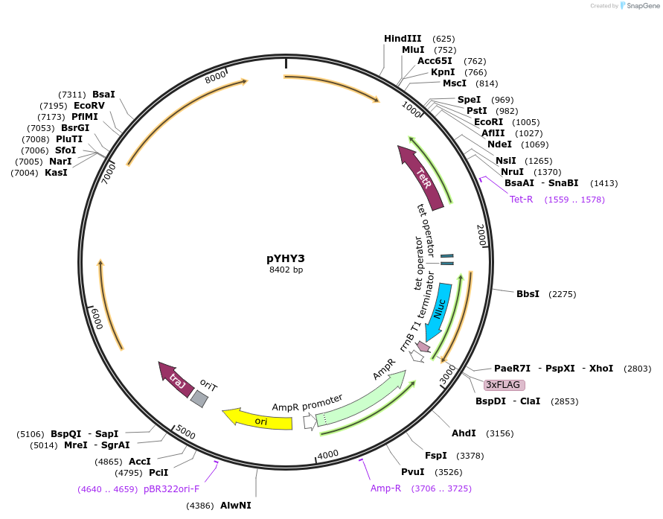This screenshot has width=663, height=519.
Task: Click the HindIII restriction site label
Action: pyautogui.click(x=403, y=39)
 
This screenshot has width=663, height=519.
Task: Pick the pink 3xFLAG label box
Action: pyautogui.click(x=505, y=385)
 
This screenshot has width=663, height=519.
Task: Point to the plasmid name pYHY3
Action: pyautogui.click(x=286, y=258)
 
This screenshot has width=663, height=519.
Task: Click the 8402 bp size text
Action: pyautogui.click(x=286, y=270)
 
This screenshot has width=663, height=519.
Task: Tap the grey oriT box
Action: pyautogui.click(x=199, y=398)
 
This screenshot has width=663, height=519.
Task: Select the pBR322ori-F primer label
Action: pyautogui.click(x=171, y=489)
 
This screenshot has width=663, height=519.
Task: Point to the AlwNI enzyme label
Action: pyautogui.click(x=235, y=506)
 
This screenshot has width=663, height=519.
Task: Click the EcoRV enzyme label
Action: pyautogui.click(x=89, y=106)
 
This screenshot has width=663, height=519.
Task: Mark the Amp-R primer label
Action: pyautogui.click(x=385, y=488)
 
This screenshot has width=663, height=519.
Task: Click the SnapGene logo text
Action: pyautogui.click(x=644, y=6)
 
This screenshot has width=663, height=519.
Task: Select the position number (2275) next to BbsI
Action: pyautogui.click(x=563, y=294)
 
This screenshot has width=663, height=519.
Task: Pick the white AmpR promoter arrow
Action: pyautogui.click(x=309, y=422)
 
